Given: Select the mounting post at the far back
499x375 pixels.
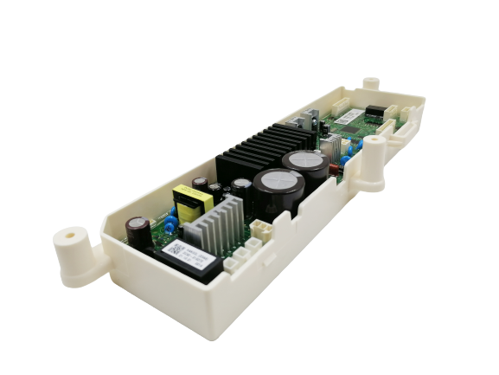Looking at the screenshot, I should (x=371, y=84).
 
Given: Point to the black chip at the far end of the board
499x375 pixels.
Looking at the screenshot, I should (x=376, y=111).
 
